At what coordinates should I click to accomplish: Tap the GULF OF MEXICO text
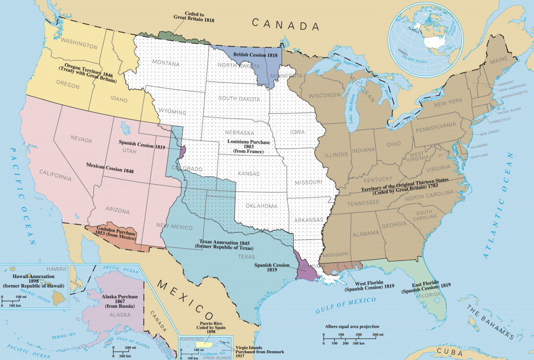point(346,304)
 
